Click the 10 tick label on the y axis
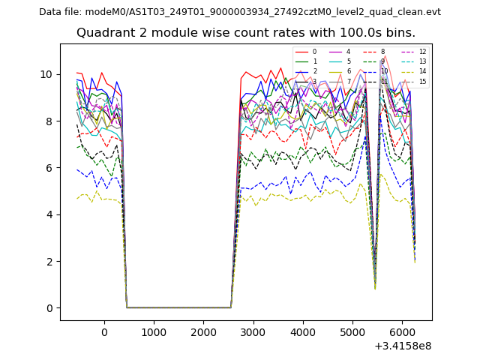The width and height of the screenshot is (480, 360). pos(46,74)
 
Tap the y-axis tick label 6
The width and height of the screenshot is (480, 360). pos(49,168)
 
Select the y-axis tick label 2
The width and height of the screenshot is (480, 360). pos(49,261)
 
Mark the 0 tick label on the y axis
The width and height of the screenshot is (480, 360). pos(49,308)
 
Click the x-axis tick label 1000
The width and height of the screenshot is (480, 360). pos(154,332)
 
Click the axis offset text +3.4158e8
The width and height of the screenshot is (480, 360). pos(402,346)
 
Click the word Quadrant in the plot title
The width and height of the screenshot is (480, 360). pos(103,33)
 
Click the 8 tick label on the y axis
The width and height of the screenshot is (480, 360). pos(49,121)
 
